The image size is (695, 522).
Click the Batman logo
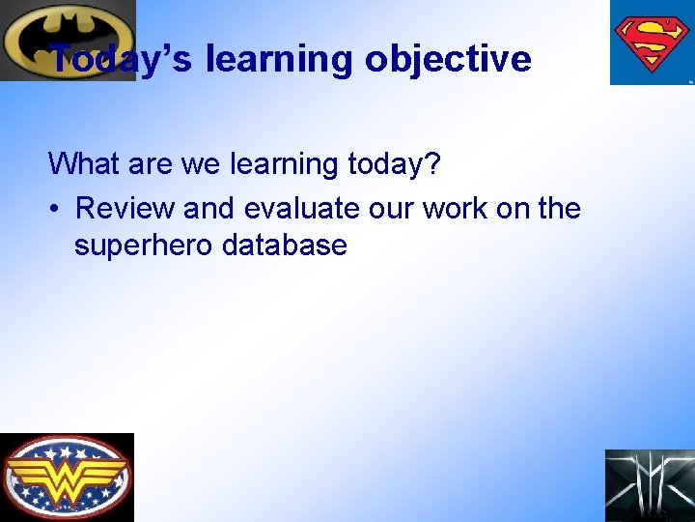[x=68, y=40]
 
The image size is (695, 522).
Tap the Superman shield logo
[x=652, y=42]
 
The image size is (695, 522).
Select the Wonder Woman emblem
[x=67, y=478]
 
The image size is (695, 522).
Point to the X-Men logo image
[x=650, y=485]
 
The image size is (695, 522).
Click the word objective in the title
[x=448, y=59]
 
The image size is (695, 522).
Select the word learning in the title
[x=280, y=59]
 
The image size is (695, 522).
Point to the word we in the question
[x=201, y=164]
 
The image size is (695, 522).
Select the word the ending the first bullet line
[x=559, y=208]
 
